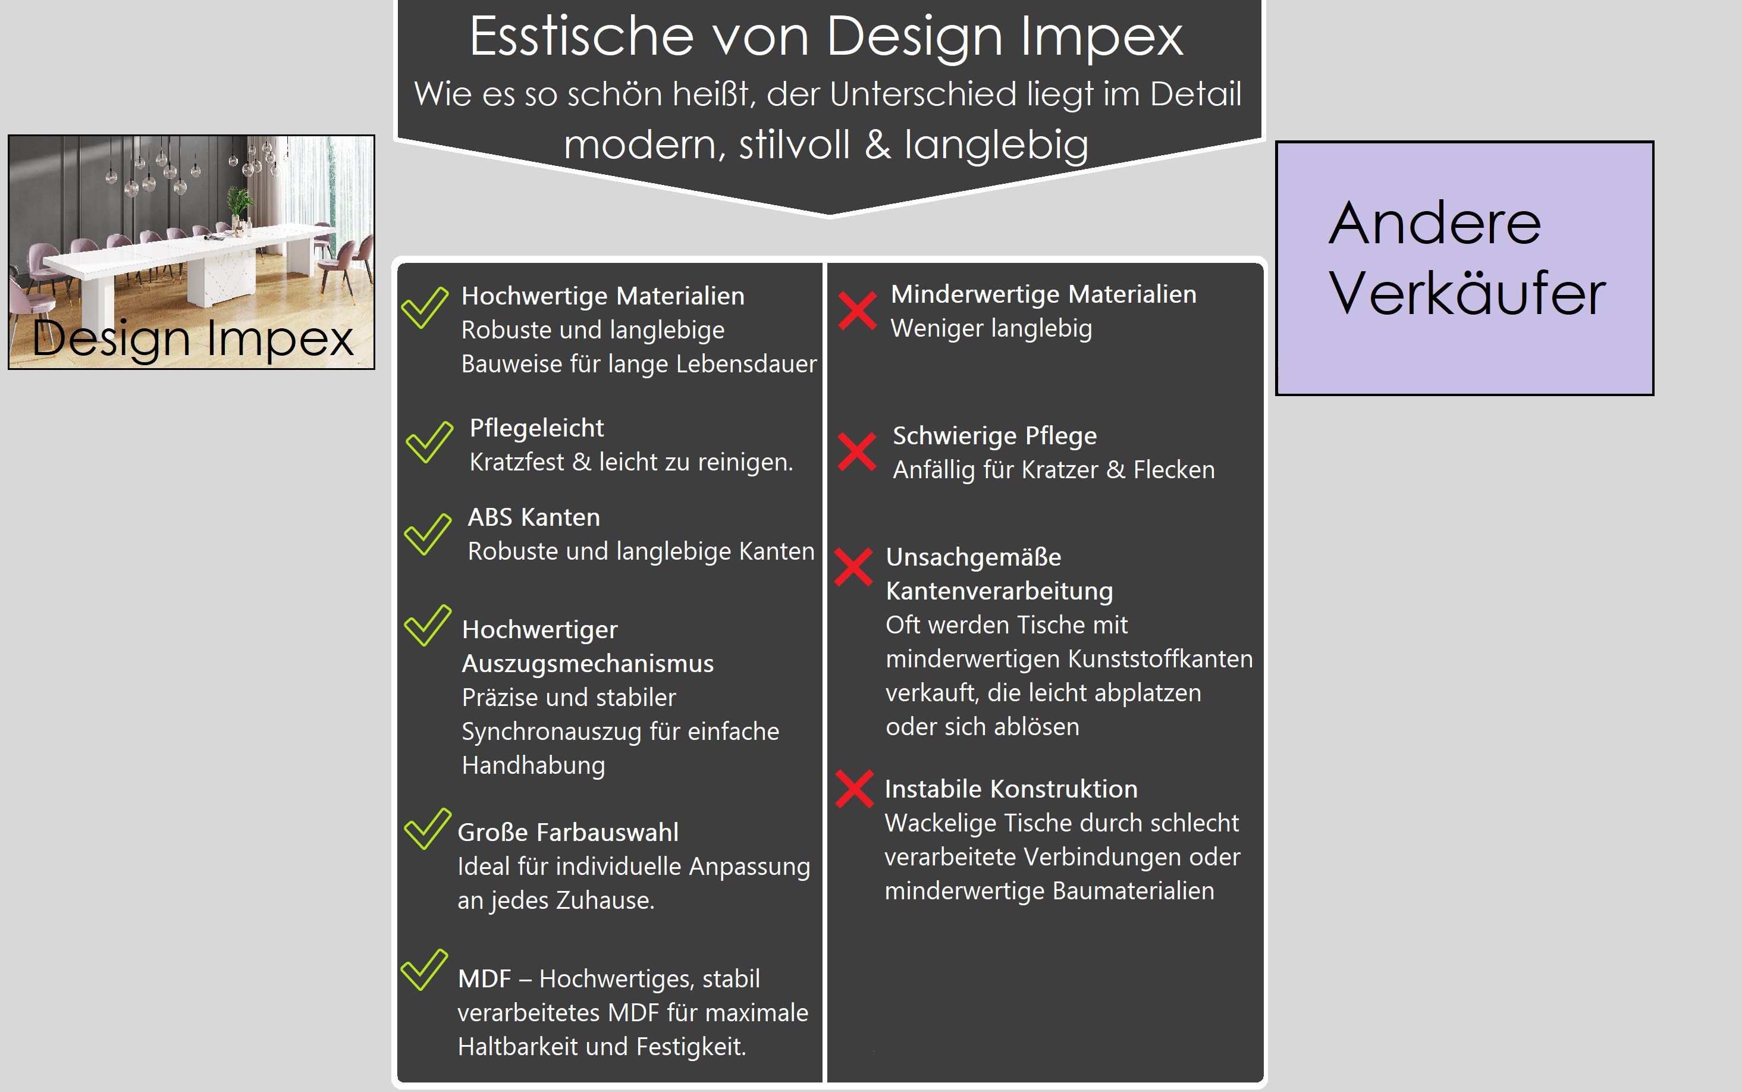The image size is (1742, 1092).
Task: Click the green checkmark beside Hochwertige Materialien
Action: [x=425, y=307]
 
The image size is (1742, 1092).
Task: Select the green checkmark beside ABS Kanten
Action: [x=428, y=535]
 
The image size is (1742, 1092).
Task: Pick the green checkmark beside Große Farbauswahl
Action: [x=428, y=829]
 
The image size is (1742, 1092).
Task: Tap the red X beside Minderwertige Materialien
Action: [x=857, y=310]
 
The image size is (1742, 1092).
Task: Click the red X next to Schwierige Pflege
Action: [x=856, y=451]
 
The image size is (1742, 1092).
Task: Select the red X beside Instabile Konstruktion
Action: [x=855, y=789]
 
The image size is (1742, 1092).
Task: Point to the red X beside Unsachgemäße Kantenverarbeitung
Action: [x=853, y=567]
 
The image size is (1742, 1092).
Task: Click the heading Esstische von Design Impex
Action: [x=826, y=36]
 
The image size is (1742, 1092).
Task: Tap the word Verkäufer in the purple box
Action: [x=1467, y=293]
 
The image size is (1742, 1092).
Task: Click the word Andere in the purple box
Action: [x=1435, y=223]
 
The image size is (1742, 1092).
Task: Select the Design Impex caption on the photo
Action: [x=193, y=338]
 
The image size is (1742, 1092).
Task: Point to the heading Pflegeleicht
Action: [x=536, y=428]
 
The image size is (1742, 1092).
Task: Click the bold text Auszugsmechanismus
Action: [x=588, y=664]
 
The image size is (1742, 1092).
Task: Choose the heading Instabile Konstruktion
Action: [x=1011, y=789]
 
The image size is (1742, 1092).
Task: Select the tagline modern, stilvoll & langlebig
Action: [x=826, y=145]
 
